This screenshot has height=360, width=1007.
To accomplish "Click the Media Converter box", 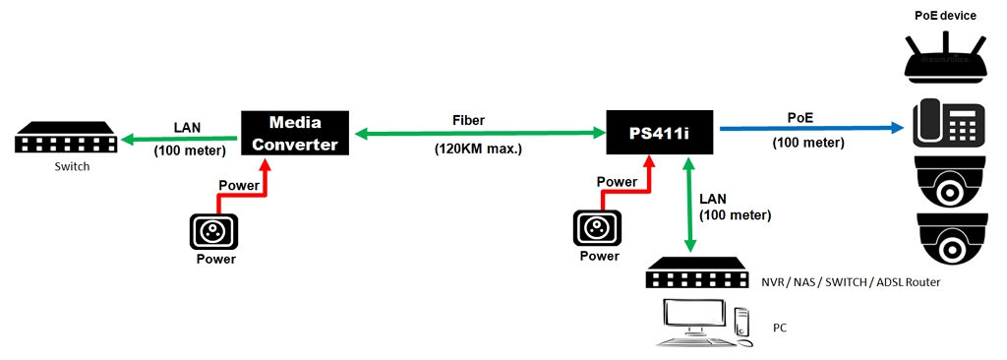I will [x=296, y=132].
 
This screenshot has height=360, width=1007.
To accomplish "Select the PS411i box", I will [x=660, y=132].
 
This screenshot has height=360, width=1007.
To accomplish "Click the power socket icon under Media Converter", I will [x=215, y=232].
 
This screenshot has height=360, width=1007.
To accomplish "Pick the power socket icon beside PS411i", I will [x=599, y=229].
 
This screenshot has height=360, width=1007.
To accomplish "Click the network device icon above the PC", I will [x=697, y=273].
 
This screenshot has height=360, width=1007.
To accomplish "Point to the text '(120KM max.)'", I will [x=478, y=150].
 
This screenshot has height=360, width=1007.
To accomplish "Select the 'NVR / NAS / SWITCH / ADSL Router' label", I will [x=850, y=282].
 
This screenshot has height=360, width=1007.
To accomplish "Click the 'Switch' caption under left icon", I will [x=71, y=166].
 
